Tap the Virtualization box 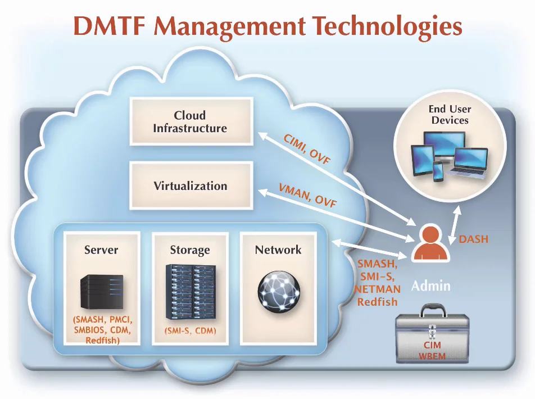(x=190, y=185)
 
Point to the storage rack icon (x=189, y=292)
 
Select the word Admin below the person (x=430, y=286)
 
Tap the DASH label (x=473, y=239)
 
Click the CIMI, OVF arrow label (x=307, y=149)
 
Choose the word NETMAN (x=377, y=289)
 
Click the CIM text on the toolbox (x=432, y=344)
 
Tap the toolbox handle (x=432, y=308)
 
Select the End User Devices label (x=450, y=115)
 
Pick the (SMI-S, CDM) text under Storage (x=189, y=331)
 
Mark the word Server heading (x=101, y=250)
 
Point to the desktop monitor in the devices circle (x=444, y=145)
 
